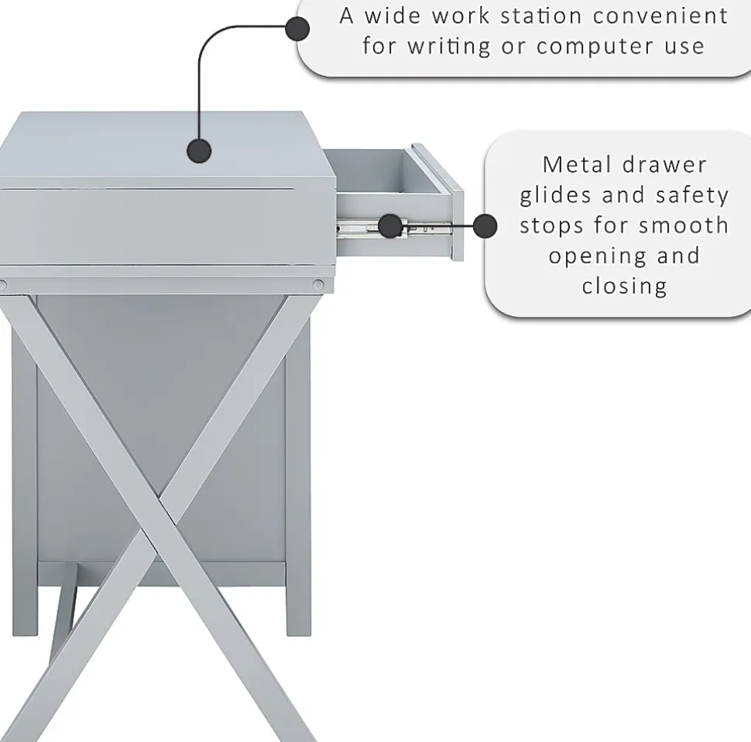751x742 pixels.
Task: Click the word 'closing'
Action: pos(625,286)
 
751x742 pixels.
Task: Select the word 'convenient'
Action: pos(660,15)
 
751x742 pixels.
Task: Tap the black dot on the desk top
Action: pos(199,151)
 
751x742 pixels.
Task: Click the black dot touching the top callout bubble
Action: pos(297,29)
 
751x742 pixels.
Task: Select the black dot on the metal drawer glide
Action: pos(390,226)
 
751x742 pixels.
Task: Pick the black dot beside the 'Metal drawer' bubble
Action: pos(485,226)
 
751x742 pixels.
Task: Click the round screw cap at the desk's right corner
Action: pos(318,286)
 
